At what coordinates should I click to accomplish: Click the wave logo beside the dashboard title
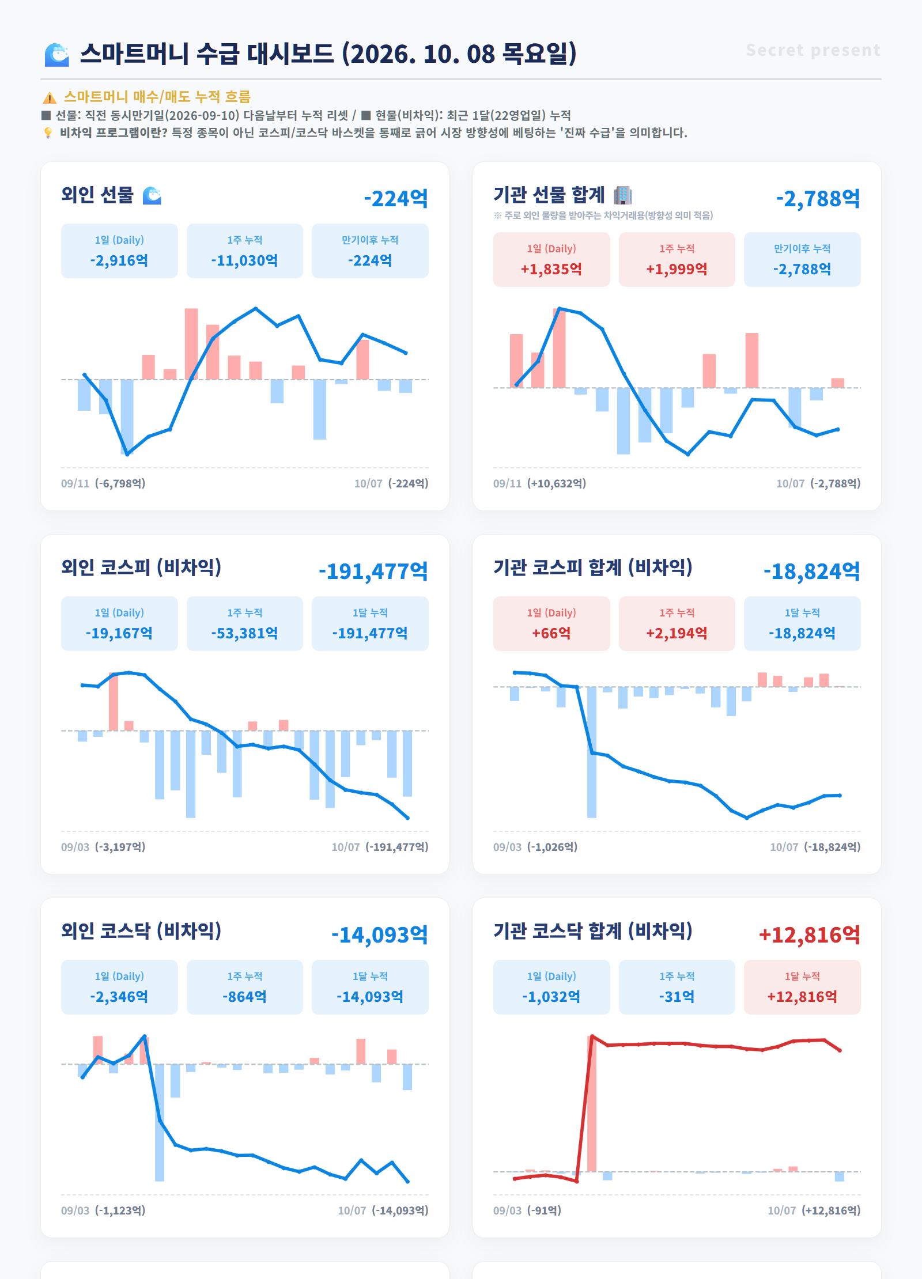point(57,54)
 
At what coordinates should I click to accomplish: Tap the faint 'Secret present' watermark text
point(813,50)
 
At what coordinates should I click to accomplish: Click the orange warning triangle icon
point(50,97)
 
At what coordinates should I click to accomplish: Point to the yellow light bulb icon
point(48,133)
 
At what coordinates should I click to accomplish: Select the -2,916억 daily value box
point(119,251)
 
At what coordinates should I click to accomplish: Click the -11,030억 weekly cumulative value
point(244,260)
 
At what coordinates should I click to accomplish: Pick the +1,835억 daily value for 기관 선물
point(551,269)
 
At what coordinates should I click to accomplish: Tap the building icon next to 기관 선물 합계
point(622,195)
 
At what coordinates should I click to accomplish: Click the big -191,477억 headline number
point(373,571)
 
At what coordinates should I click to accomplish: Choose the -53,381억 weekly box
point(244,623)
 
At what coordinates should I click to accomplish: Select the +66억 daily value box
point(551,623)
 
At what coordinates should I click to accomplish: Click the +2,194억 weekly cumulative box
point(677,623)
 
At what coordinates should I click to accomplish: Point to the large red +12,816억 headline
point(809,934)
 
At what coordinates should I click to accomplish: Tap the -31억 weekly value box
point(677,987)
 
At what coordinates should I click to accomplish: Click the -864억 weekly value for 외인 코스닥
point(244,997)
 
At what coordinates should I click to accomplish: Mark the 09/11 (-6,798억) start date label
point(103,483)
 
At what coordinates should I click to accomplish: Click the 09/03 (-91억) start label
point(527,1210)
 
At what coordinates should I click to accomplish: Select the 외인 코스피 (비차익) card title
point(141,567)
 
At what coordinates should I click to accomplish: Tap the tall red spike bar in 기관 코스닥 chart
point(592,1104)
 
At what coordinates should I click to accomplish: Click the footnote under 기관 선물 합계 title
point(603,215)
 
